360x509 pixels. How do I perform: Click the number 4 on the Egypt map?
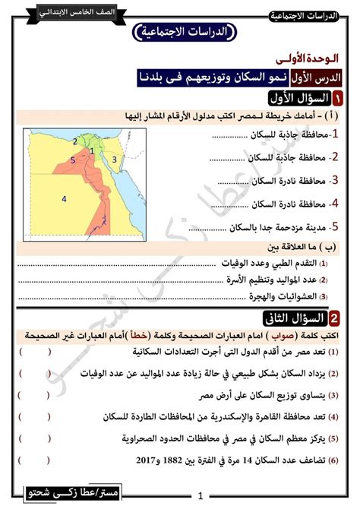click(x=65, y=199)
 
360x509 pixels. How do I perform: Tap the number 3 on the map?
click(x=114, y=159)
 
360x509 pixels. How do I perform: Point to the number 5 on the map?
click(x=72, y=160)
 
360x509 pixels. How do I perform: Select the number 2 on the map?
click(x=75, y=141)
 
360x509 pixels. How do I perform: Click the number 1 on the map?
click(x=91, y=150)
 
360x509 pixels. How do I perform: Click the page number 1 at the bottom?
click(x=199, y=495)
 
